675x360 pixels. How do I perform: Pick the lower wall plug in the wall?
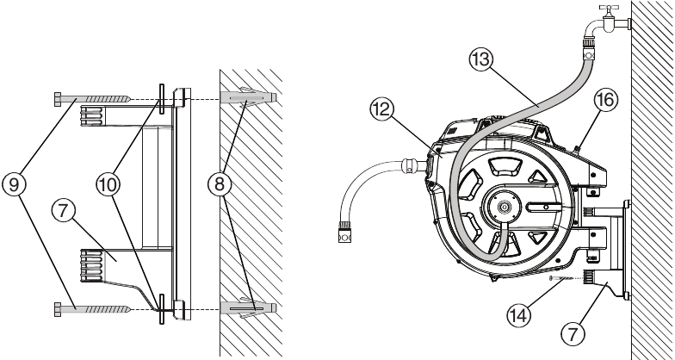click(x=247, y=307)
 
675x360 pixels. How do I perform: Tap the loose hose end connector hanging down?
click(x=342, y=231)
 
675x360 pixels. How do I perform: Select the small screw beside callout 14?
click(x=564, y=278)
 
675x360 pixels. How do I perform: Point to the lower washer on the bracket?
click(x=161, y=307)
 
